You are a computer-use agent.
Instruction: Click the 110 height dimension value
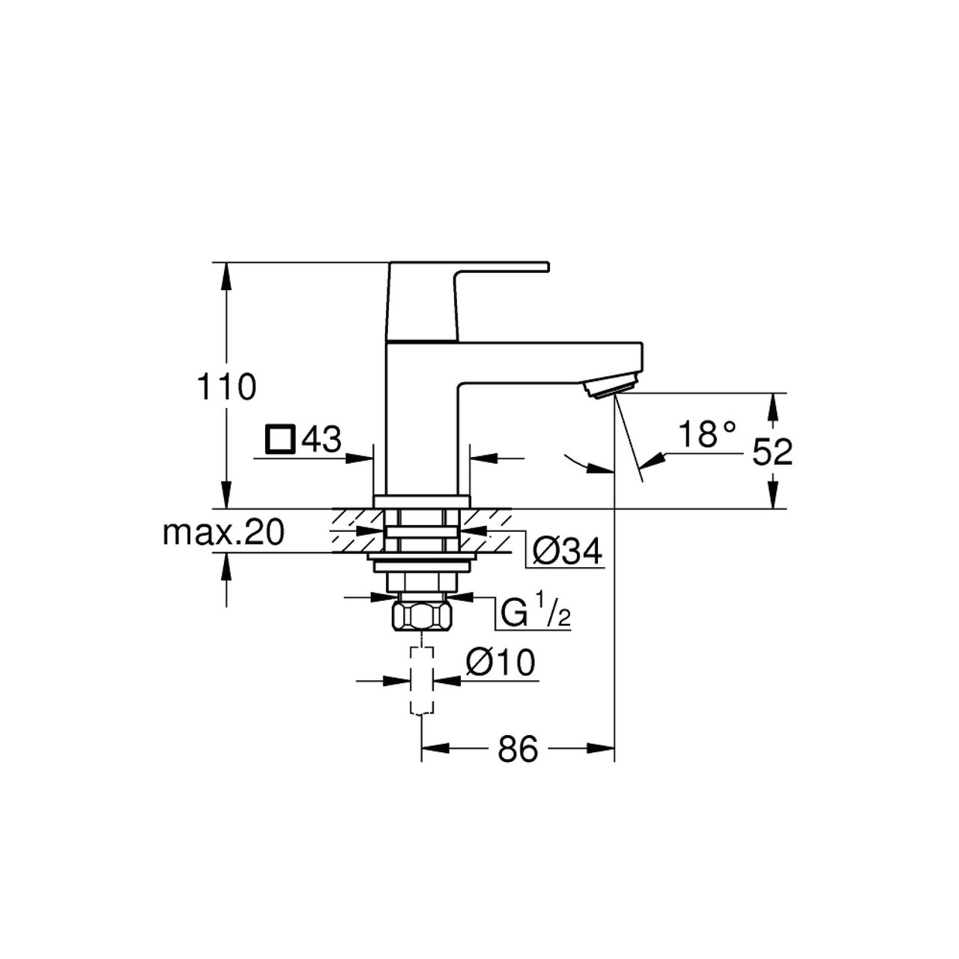(226, 387)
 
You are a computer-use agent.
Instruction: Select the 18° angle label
(707, 434)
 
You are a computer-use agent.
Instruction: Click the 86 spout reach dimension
(518, 762)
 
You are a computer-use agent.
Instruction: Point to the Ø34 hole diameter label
(567, 551)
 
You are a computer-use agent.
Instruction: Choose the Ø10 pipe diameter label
(500, 662)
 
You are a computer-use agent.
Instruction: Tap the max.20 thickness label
(224, 533)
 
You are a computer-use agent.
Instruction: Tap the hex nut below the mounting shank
(422, 616)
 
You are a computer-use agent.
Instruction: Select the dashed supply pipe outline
(422, 681)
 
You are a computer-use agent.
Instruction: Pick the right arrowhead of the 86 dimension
(601, 762)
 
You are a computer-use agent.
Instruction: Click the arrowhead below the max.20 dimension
(226, 566)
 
